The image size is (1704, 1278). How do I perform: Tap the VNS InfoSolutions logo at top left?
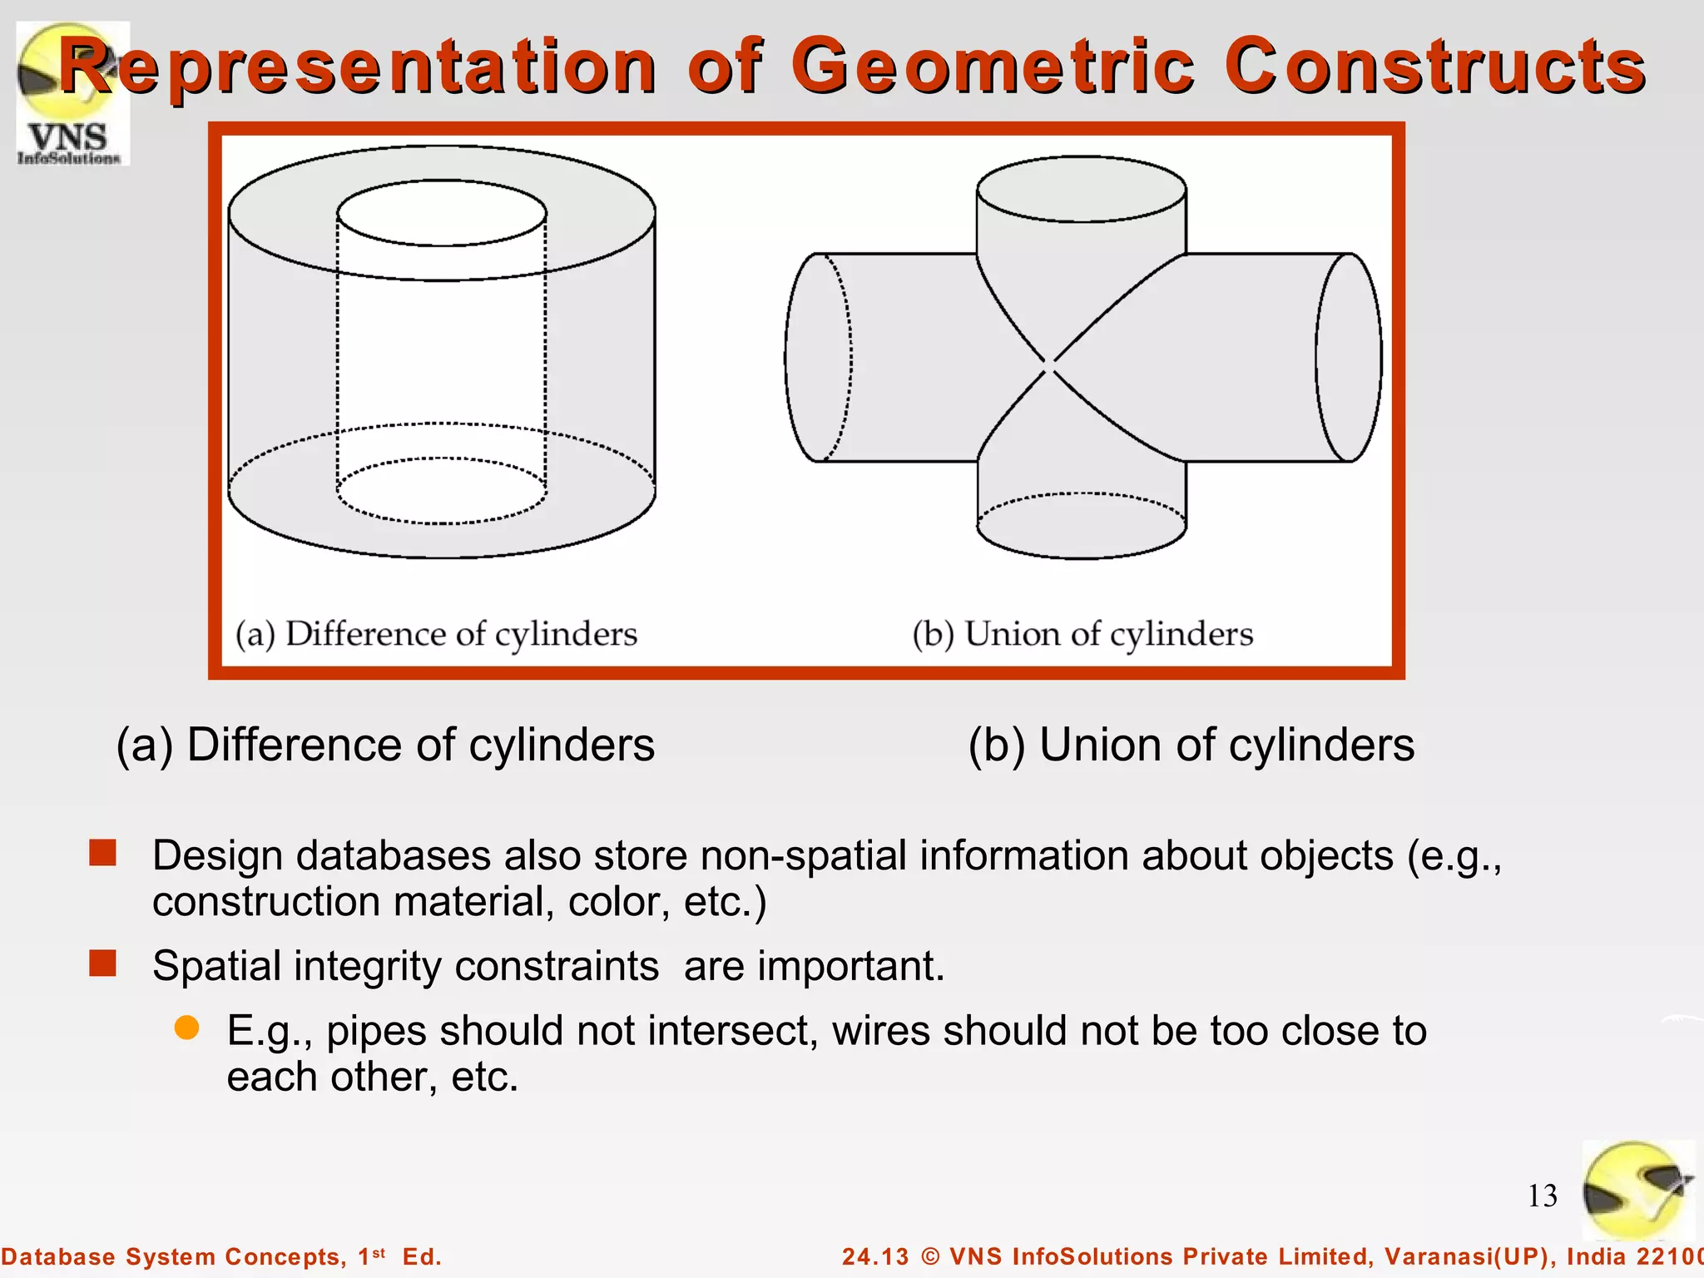pyautogui.click(x=72, y=93)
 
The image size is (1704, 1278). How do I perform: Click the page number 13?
pyautogui.click(x=1542, y=1196)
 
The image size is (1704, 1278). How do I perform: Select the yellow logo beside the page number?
pyautogui.click(x=1637, y=1190)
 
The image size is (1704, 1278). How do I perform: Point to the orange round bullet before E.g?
pyautogui.click(x=187, y=1028)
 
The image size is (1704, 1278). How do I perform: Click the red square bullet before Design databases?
pyautogui.click(x=103, y=853)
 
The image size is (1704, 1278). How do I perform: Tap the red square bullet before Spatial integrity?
pyautogui.click(x=103, y=963)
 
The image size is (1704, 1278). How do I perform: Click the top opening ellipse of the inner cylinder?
pyautogui.click(x=442, y=213)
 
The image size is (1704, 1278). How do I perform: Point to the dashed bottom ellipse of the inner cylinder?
pyautogui.click(x=442, y=491)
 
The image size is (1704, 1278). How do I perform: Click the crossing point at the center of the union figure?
pyautogui.click(x=1050, y=364)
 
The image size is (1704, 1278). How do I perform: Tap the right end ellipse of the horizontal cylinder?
pyautogui.click(x=1348, y=358)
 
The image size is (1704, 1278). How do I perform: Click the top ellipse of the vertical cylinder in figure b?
pyautogui.click(x=1081, y=190)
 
